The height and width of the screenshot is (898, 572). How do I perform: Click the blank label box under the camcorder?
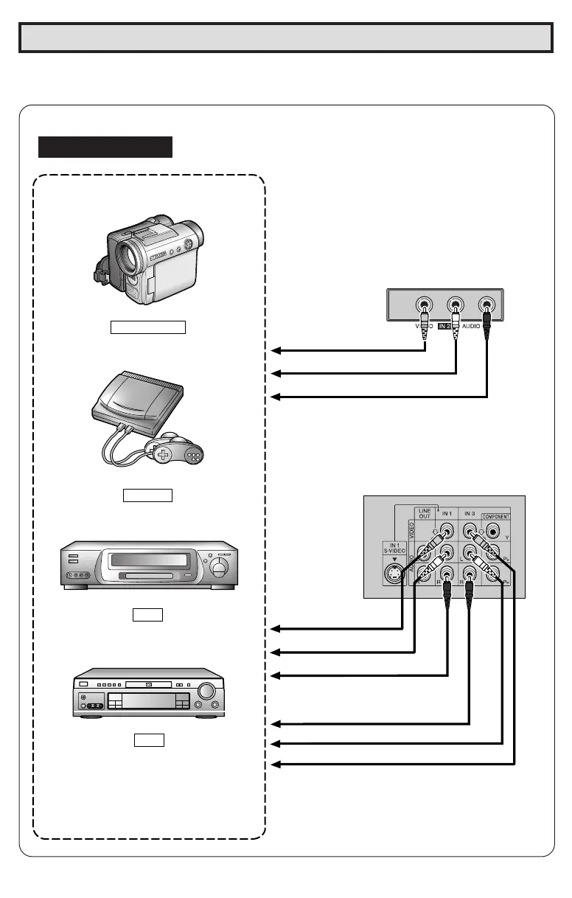pos(147,327)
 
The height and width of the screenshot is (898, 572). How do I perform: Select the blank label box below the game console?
pos(147,494)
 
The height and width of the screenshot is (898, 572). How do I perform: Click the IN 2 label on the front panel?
pos(444,325)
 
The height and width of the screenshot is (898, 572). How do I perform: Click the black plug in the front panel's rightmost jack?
pos(487,324)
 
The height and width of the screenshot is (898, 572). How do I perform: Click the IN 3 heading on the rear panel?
pos(470,512)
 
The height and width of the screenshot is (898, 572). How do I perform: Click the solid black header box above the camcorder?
pos(105,147)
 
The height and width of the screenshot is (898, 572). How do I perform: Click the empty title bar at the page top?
pos(285,38)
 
